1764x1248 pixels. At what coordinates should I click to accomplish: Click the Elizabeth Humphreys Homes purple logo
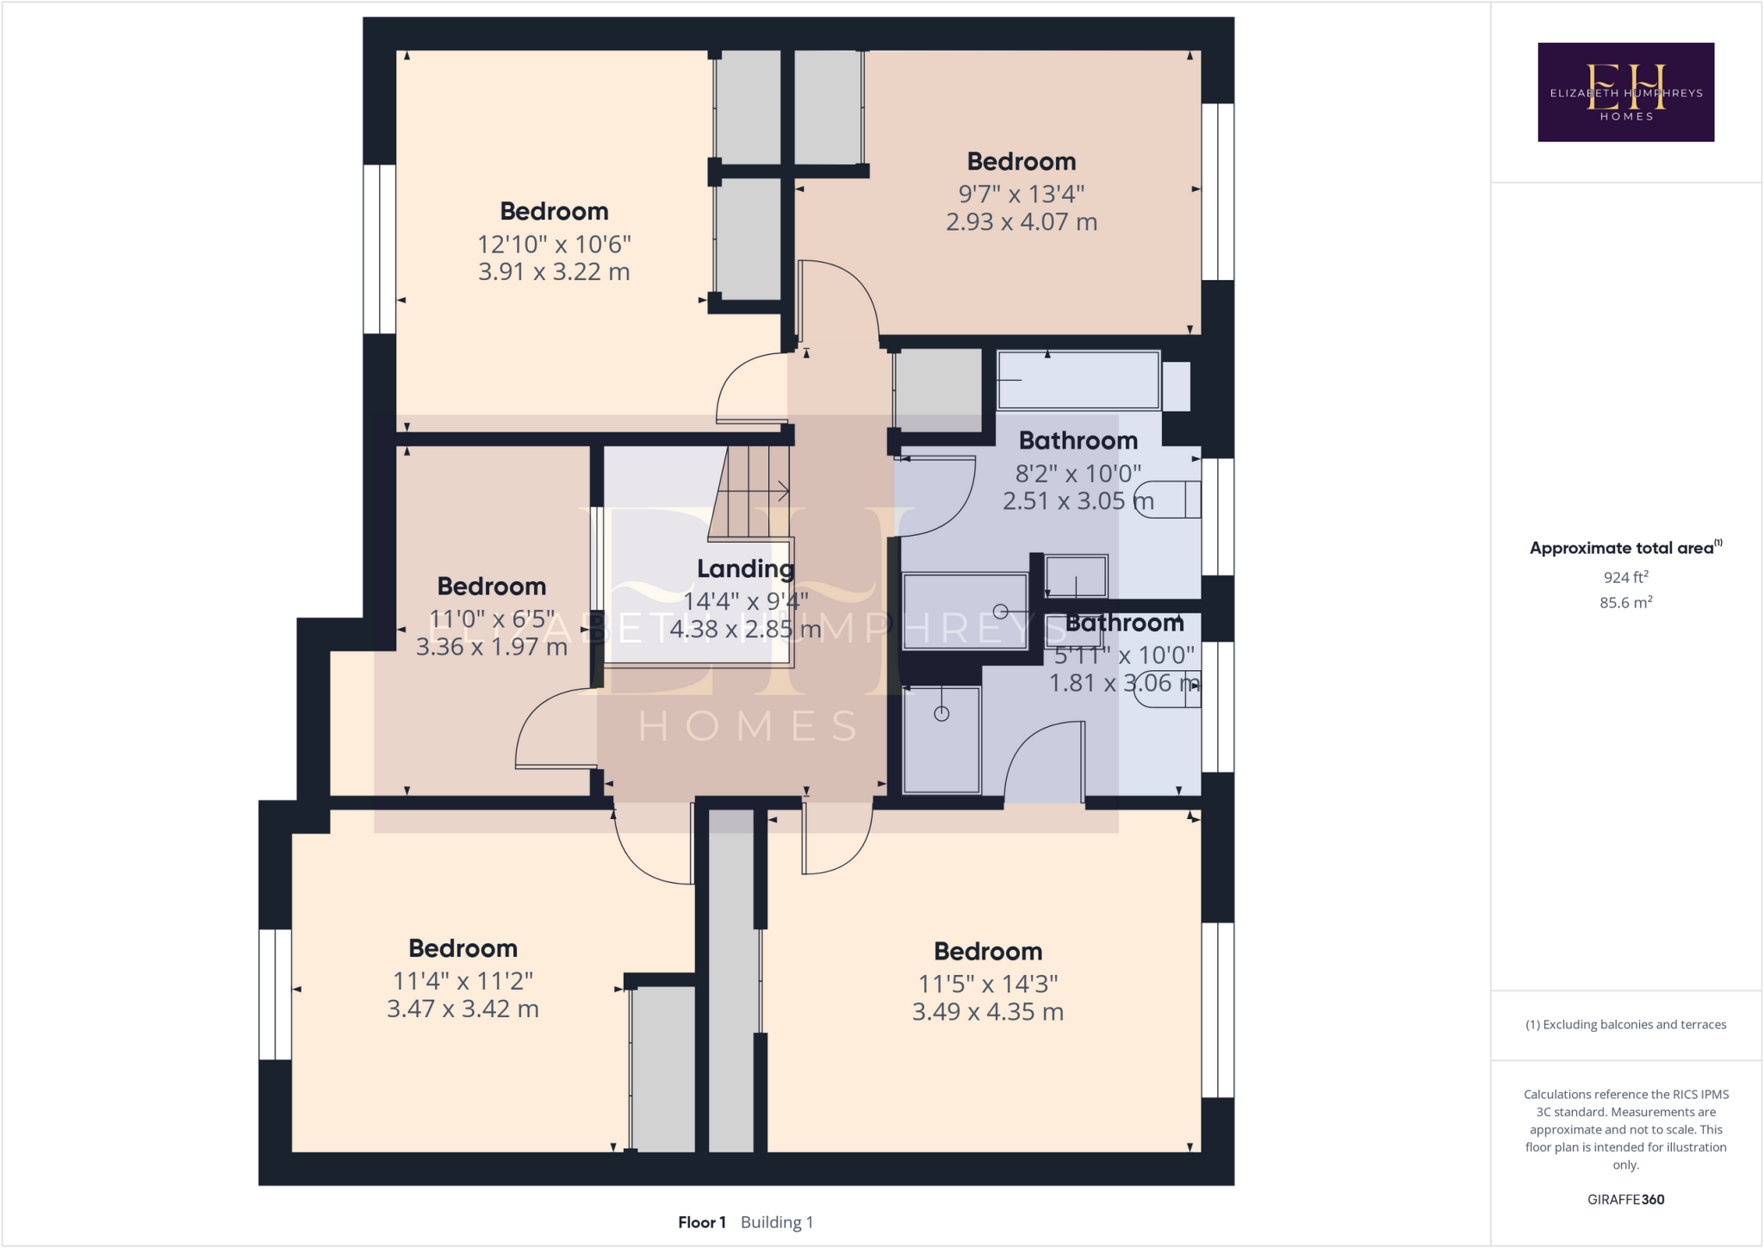(1625, 91)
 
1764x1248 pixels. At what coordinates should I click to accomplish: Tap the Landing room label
(745, 568)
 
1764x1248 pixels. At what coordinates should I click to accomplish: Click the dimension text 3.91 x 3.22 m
(554, 272)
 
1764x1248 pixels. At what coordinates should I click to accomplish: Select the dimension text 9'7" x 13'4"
(1021, 194)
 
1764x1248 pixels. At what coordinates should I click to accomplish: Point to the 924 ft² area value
(1625, 577)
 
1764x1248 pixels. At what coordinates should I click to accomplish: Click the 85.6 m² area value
(1625, 603)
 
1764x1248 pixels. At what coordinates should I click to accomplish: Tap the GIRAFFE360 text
(1625, 1199)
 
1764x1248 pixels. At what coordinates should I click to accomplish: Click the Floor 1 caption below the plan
(701, 1222)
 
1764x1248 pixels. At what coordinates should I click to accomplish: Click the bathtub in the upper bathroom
(1078, 380)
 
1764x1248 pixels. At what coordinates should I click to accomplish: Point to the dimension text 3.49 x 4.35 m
(987, 1012)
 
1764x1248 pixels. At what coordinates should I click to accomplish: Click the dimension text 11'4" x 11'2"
(463, 981)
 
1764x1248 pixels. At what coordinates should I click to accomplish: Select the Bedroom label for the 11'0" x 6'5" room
(491, 587)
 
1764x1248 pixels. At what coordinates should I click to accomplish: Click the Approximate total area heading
(1623, 548)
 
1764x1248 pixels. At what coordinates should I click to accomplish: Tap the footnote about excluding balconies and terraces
(1625, 1024)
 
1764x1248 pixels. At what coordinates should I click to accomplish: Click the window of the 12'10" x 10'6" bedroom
(379, 249)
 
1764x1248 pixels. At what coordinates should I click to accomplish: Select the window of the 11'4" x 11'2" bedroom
(275, 994)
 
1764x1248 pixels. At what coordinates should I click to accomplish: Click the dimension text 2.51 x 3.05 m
(1077, 501)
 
